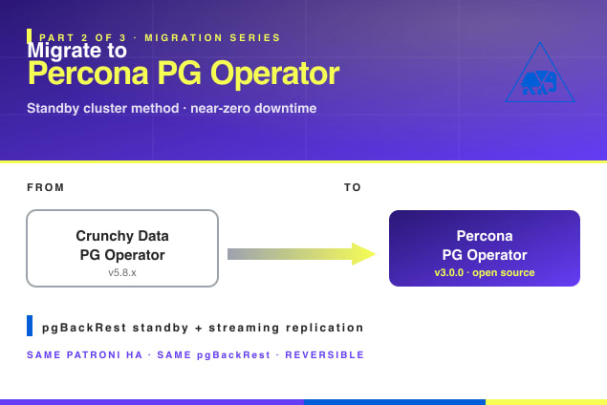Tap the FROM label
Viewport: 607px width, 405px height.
[45, 187]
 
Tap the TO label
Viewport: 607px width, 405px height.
[353, 187]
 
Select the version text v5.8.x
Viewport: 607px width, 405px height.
[122, 273]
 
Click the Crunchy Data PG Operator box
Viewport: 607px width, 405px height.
[122, 248]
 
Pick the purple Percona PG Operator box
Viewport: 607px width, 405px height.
[485, 248]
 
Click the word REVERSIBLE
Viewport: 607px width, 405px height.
[324, 355]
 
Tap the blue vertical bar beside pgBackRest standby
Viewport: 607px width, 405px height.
[30, 326]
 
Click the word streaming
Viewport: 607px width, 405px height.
[244, 328]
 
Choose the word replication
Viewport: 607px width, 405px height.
[325, 328]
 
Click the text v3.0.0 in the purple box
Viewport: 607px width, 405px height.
[448, 273]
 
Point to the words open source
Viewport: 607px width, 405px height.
[503, 273]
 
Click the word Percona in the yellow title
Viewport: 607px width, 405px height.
[88, 74]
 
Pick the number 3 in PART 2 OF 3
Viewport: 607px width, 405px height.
[122, 38]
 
